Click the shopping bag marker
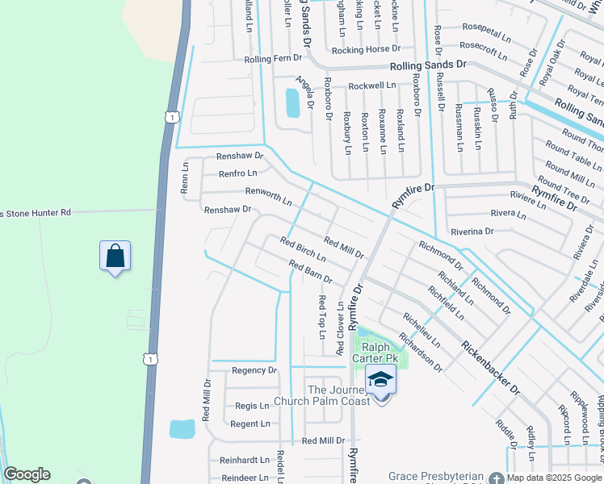(115, 256)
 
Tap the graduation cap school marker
(380, 379)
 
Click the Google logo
(27, 474)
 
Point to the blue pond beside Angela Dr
(292, 103)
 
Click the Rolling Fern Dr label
(273, 59)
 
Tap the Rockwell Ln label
(372, 86)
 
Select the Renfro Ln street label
(238, 173)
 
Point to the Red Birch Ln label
(303, 249)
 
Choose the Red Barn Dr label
(310, 272)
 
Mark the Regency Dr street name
(254, 370)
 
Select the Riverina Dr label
(472, 232)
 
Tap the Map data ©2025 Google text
(553, 477)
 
